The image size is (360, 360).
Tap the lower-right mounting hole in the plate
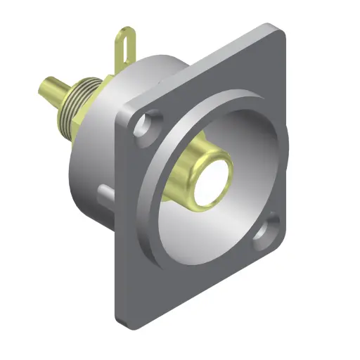[268, 234]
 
